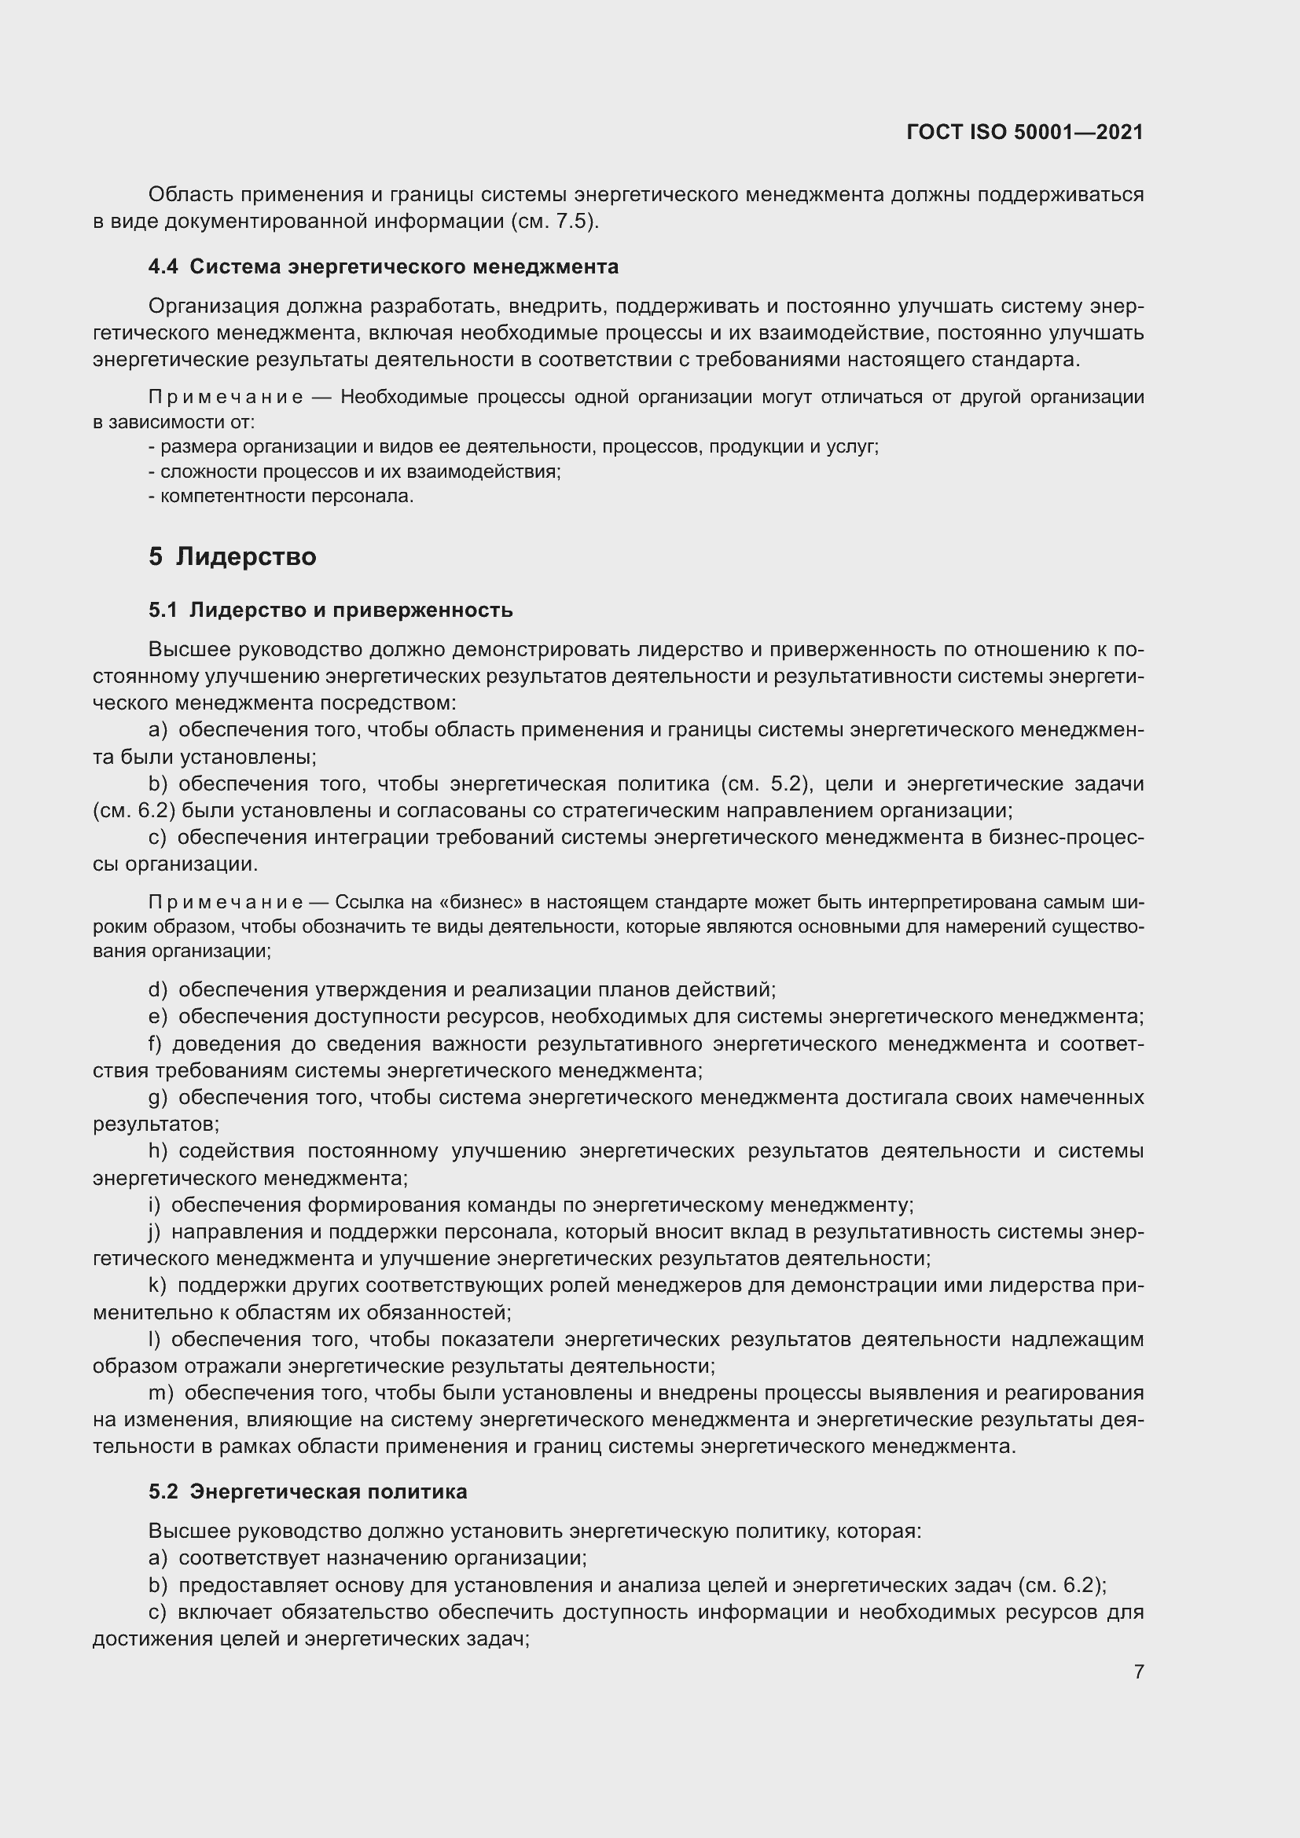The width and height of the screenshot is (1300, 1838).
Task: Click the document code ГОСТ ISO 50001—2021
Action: point(1025,132)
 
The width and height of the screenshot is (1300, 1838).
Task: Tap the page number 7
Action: point(1138,1671)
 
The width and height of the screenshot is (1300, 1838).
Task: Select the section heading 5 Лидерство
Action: point(232,556)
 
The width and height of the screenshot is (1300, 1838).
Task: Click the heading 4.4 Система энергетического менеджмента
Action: point(384,266)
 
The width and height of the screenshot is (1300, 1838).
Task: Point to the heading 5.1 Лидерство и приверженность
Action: point(331,610)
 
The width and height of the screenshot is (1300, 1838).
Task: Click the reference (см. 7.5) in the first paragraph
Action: point(554,222)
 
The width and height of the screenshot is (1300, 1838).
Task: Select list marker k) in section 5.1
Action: point(158,1286)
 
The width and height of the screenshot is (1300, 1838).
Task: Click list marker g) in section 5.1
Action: point(158,1098)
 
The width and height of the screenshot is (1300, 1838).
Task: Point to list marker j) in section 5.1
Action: point(155,1232)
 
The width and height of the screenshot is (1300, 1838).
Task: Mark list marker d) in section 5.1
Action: point(158,990)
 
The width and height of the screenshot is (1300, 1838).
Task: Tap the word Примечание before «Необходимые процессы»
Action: point(226,398)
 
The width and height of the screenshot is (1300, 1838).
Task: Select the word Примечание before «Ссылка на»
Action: point(226,903)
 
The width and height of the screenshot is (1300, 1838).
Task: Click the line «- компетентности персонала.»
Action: point(281,497)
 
